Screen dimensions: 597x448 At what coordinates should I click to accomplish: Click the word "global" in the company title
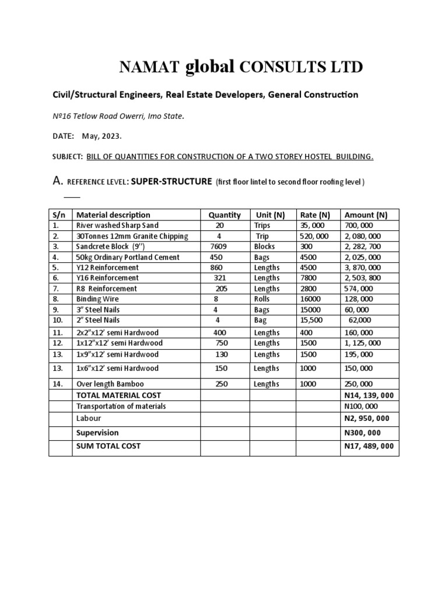[209, 68]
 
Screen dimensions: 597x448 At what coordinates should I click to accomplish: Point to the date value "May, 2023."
[101, 136]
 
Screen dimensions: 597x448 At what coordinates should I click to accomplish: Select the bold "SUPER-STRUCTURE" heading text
[171, 181]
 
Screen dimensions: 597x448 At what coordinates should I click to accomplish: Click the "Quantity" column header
[225, 215]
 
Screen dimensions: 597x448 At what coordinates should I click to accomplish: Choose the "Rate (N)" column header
[314, 215]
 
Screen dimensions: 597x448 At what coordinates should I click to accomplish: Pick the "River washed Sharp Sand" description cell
[117, 225]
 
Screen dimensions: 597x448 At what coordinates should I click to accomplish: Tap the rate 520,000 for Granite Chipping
[313, 236]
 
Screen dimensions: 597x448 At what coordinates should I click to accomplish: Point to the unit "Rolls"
[263, 299]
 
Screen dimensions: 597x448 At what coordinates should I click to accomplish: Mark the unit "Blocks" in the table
[264, 247]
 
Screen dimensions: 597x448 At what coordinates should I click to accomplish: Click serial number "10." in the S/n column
[57, 320]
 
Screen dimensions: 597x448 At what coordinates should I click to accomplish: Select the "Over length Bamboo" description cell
[110, 384]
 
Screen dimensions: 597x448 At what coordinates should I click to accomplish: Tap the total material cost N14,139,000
[369, 395]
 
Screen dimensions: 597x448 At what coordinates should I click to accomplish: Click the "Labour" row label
[89, 418]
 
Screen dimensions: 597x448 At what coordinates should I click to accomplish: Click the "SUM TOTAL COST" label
[108, 446]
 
